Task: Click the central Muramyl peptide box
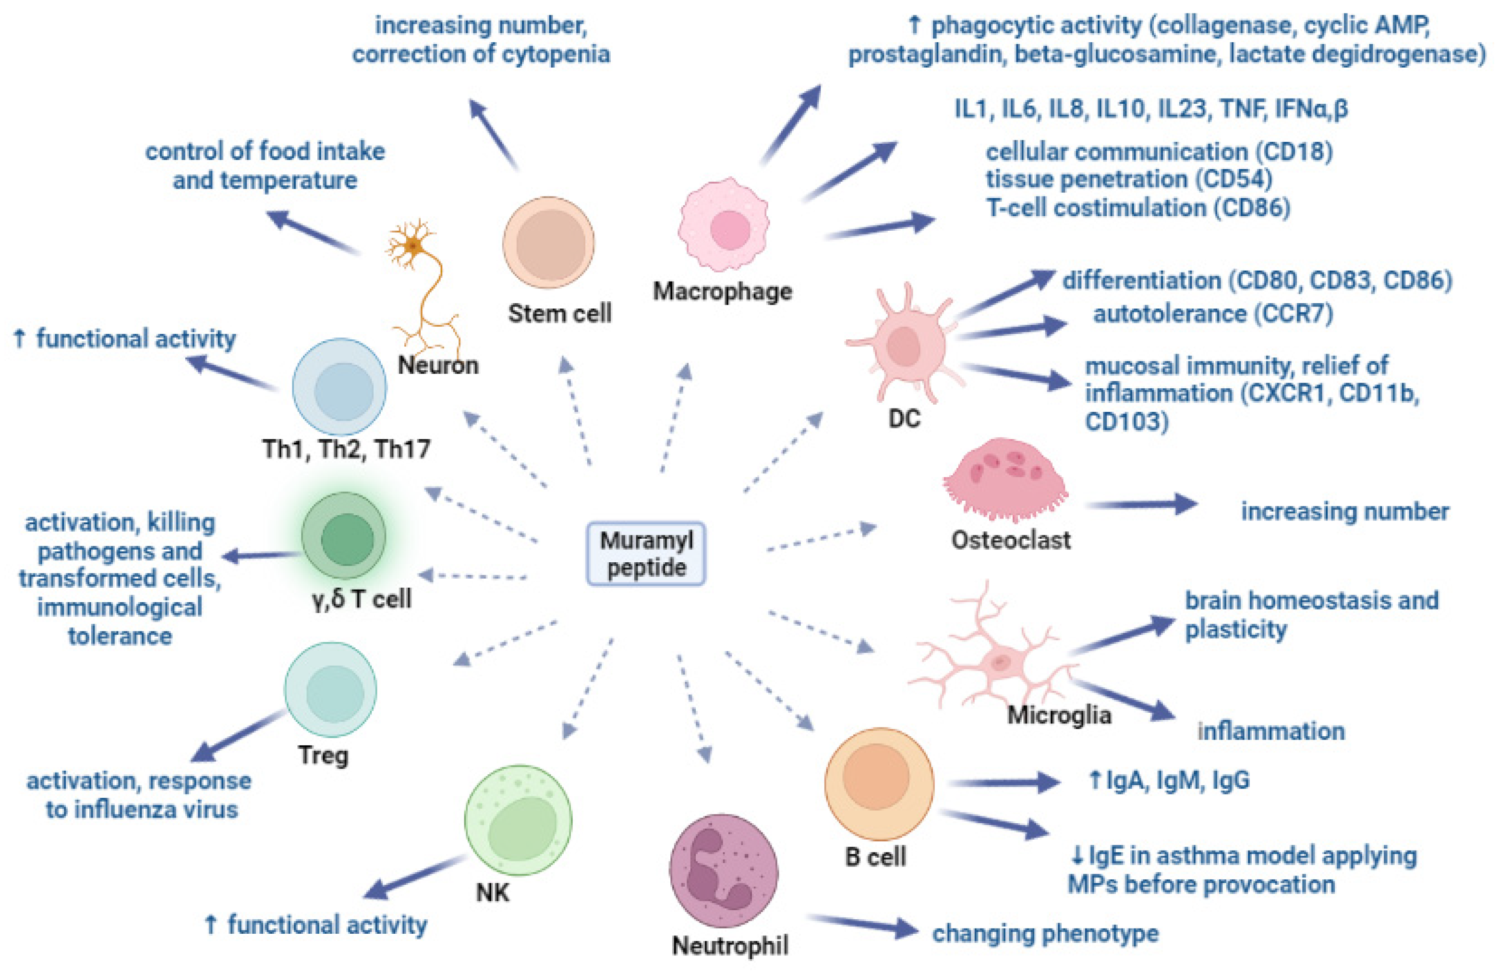[x=645, y=553]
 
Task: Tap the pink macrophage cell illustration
[x=725, y=224]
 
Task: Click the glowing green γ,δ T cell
[x=343, y=537]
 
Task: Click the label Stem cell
[x=560, y=313]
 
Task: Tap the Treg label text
[x=323, y=755]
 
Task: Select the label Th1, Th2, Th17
[x=346, y=449]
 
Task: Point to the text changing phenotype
[x=1045, y=933]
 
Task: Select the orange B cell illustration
[x=879, y=783]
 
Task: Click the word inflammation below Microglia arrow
[x=1270, y=731]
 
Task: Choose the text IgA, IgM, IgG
[x=1177, y=780]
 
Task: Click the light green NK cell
[x=518, y=820]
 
